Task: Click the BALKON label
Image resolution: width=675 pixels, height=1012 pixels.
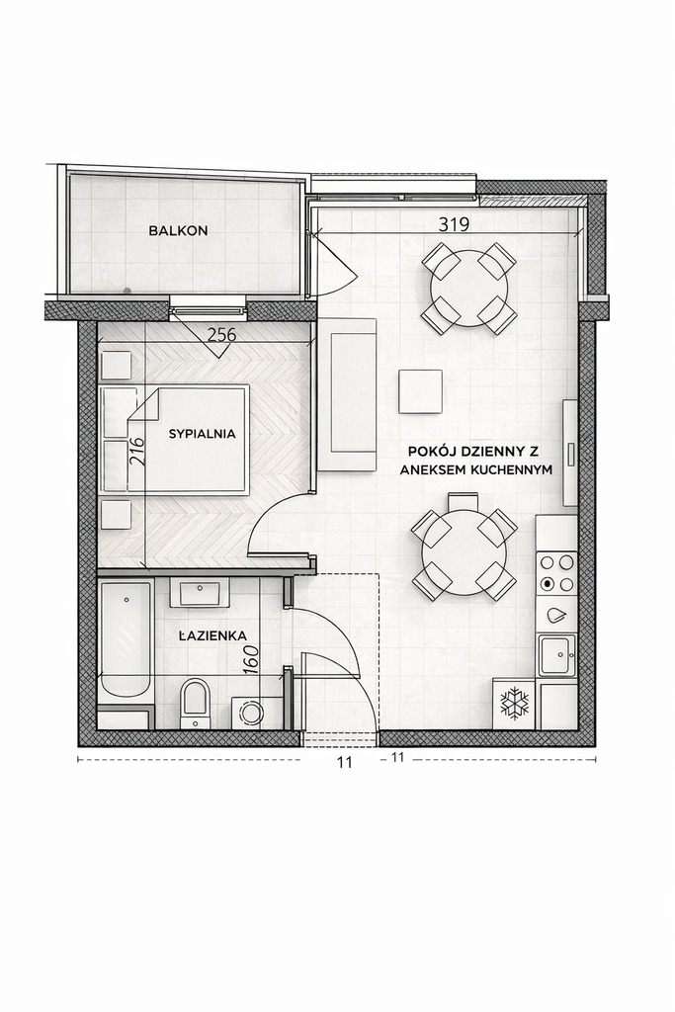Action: click(178, 231)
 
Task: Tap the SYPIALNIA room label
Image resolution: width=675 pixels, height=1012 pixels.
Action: click(202, 434)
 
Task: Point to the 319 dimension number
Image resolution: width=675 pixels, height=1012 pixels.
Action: click(454, 224)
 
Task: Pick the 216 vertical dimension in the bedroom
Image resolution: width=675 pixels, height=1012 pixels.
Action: click(137, 452)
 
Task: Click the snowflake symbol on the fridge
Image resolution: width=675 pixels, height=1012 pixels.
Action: click(514, 704)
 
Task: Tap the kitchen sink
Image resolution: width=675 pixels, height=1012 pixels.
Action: click(555, 654)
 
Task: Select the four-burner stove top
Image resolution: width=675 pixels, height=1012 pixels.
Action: click(556, 573)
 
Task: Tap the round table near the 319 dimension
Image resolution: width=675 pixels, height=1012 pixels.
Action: click(468, 288)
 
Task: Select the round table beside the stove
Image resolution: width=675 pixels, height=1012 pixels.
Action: click(464, 552)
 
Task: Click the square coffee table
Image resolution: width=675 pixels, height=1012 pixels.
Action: click(420, 391)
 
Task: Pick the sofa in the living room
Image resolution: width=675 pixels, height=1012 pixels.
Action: click(348, 395)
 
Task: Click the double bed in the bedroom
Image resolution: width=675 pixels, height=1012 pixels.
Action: click(188, 439)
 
